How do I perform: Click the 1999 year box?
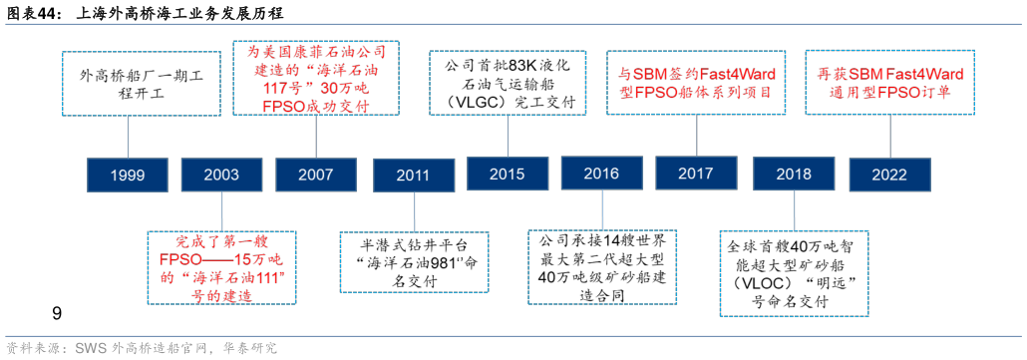[x=128, y=175]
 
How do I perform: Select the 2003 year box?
[x=221, y=175]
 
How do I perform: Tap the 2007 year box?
[x=316, y=175]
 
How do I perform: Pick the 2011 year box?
[x=413, y=176]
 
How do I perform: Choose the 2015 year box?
[x=508, y=174]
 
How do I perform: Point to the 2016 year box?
[x=601, y=174]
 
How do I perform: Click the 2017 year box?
[x=695, y=174]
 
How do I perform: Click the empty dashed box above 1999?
[x=141, y=84]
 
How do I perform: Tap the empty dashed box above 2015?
[x=508, y=84]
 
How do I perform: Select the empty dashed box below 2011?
[x=414, y=262]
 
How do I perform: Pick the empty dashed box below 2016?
[x=601, y=266]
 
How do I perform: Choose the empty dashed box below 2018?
[x=795, y=273]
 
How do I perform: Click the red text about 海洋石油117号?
[x=317, y=77]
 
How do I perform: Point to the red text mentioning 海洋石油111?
[x=222, y=267]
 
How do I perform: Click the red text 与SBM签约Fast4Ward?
[x=698, y=83]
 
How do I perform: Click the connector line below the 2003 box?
[x=221, y=211]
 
